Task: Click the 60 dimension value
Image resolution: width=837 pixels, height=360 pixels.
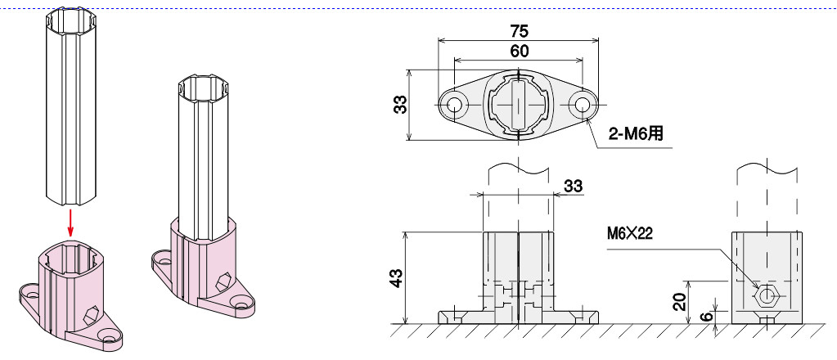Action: coord(520,51)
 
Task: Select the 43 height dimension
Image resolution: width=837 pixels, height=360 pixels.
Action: coord(398,277)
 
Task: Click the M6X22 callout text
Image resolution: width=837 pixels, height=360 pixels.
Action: coord(629,234)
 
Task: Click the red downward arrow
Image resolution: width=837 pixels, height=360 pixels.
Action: coord(70,223)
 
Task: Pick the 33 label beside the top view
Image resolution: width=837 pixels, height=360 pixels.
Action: coord(401,104)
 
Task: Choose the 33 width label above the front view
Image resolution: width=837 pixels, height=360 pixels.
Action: coord(573,187)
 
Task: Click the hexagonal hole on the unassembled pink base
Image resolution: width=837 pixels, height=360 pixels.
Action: coord(92,315)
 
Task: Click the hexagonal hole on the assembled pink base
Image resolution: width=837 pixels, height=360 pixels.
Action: coord(223,281)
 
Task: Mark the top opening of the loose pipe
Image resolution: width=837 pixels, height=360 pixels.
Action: coord(70,19)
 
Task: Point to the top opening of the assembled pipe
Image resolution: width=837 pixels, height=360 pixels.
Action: coord(203,86)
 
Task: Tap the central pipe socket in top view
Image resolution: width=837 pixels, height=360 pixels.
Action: coord(518,104)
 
